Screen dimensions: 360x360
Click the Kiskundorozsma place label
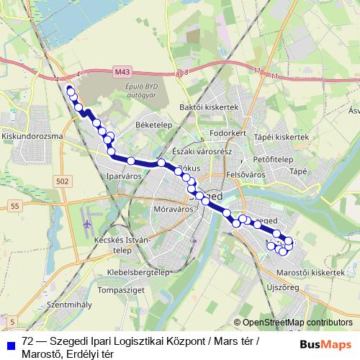pyautogui.click(x=34, y=135)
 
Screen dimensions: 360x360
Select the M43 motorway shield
pyautogui.click(x=122, y=72)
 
